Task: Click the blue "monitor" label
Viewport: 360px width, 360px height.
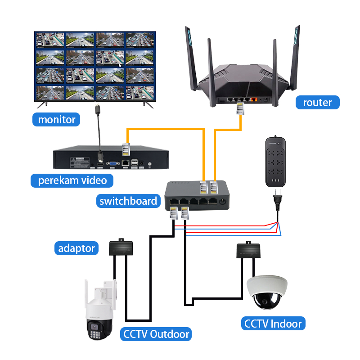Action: click(x=56, y=120)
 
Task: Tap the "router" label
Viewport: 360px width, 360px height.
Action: click(x=317, y=102)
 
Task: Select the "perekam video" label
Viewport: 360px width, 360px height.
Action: click(x=72, y=180)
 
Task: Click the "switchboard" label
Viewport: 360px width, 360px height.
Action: click(x=129, y=200)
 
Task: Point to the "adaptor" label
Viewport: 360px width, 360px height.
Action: click(x=76, y=248)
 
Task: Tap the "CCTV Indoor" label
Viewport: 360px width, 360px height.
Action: click(x=273, y=323)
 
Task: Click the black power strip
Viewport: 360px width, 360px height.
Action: click(x=274, y=162)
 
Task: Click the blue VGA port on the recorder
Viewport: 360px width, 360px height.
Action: click(x=112, y=162)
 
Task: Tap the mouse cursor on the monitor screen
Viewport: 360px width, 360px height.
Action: click(x=120, y=64)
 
